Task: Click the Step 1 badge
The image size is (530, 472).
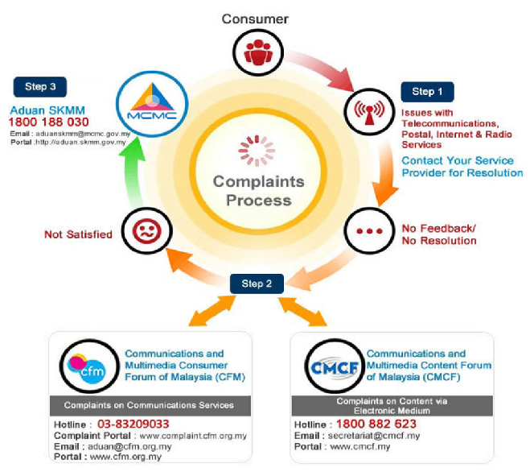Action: click(427, 92)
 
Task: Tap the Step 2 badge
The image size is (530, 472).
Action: click(257, 284)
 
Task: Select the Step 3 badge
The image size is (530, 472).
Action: click(40, 87)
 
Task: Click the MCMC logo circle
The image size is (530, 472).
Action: click(152, 104)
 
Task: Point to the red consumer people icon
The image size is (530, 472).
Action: click(258, 52)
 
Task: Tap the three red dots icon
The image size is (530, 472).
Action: click(369, 231)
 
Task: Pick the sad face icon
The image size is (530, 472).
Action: click(146, 231)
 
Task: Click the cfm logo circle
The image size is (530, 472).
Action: click(89, 366)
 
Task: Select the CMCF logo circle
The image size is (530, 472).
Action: click(335, 366)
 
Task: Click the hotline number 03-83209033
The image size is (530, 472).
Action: click(134, 424)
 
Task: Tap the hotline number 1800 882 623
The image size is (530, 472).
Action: click(376, 424)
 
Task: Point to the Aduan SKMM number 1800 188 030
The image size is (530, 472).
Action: click(49, 122)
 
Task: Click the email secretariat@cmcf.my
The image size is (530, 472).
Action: click(374, 436)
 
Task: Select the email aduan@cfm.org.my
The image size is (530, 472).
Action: click(129, 446)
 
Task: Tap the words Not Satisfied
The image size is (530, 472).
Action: click(78, 234)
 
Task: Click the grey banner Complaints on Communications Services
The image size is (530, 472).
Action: click(150, 405)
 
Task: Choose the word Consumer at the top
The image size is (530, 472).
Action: click(255, 19)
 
